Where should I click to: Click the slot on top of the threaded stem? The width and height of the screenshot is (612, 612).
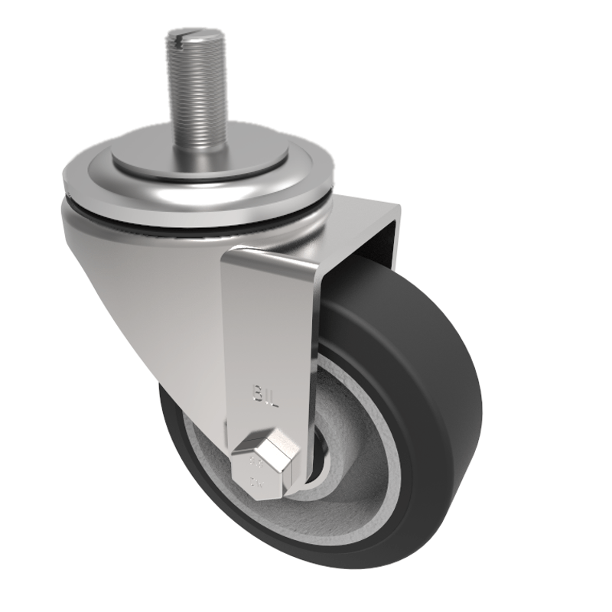click(x=190, y=35)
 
